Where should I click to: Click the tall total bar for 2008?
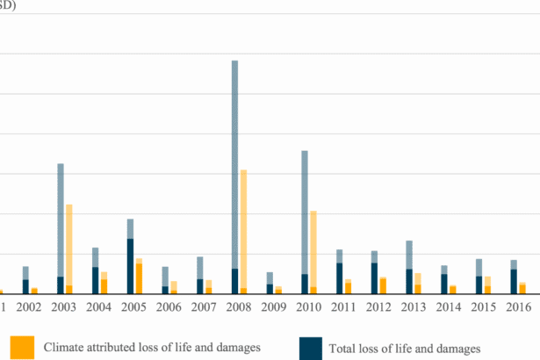(235, 176)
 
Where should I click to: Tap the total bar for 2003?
(61, 228)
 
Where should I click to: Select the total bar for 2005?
(131, 256)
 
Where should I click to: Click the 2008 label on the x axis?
(238, 307)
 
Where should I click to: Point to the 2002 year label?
(28, 307)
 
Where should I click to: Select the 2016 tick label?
(517, 307)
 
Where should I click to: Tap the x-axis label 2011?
(342, 307)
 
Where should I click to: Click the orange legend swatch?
(24, 347)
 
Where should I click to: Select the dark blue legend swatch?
(310, 347)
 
